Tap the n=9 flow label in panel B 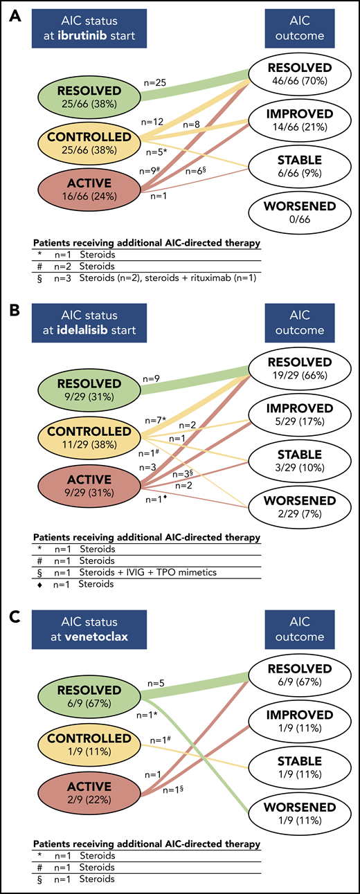pyautogui.click(x=151, y=378)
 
